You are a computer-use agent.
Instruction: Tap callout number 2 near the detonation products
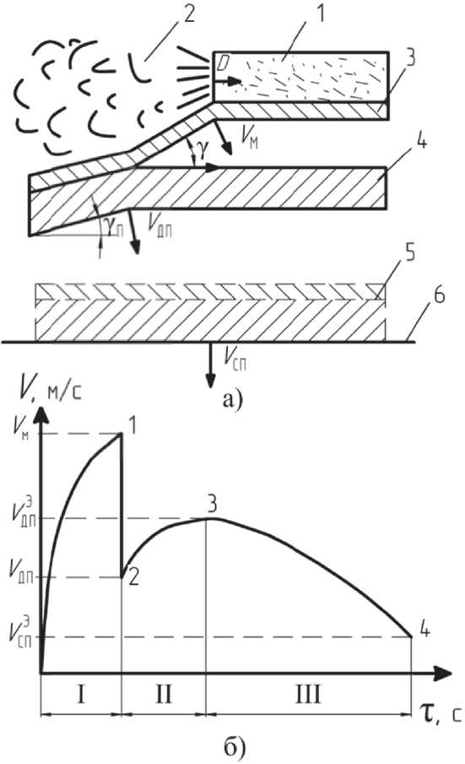(x=187, y=14)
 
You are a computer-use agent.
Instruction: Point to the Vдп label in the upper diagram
(x=160, y=225)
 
